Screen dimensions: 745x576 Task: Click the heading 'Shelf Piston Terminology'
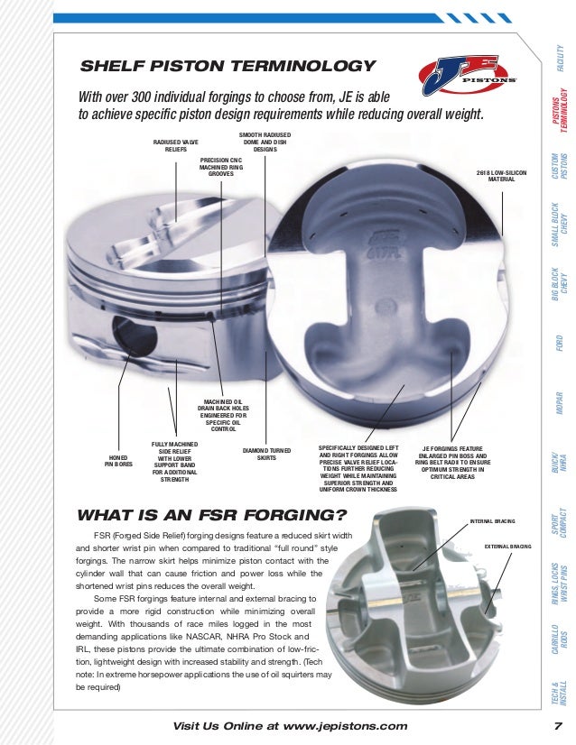pos(228,66)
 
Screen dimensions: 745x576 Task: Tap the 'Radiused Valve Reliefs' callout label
pos(176,147)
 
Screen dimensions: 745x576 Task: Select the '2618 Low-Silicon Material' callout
pos(501,175)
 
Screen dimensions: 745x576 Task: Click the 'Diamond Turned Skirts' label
pos(266,454)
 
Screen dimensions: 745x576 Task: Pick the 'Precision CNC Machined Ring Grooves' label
pos(221,166)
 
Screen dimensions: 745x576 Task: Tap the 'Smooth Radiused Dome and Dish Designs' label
pos(265,142)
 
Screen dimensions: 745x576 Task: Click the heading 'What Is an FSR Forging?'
pos(213,516)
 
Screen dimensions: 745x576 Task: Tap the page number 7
pos(559,727)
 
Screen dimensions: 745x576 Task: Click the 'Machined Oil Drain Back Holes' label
pos(223,416)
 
